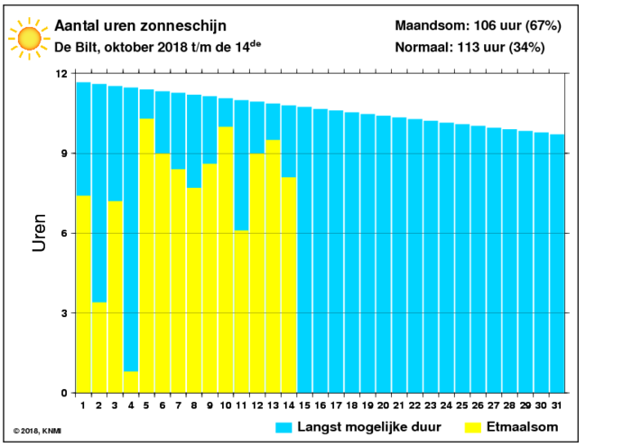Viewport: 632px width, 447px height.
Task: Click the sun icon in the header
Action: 30,39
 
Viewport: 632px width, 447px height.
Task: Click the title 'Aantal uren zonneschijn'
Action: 140,26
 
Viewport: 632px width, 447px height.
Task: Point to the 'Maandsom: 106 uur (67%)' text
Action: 478,25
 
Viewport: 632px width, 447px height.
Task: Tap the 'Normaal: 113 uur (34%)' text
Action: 470,47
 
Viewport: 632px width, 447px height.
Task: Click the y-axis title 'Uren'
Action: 39,233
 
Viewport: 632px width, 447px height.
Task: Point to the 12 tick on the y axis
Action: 61,74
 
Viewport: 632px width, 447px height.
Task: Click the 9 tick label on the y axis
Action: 64,154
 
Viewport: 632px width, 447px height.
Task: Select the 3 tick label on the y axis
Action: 64,313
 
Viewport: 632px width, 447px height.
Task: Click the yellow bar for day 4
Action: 131,382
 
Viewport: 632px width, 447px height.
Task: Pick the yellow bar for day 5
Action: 146,256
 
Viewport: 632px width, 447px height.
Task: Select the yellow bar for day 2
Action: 99,348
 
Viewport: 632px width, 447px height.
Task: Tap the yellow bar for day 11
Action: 241,312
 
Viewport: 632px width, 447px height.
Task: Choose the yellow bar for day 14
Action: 289,285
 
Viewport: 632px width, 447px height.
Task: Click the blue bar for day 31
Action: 557,264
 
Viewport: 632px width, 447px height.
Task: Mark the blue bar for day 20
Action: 384,255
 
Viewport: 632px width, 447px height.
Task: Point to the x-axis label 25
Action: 462,405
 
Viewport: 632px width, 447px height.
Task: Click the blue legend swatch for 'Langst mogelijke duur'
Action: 283,428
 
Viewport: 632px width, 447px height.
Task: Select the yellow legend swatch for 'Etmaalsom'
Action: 473,428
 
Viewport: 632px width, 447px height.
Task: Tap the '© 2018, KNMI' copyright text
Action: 37,431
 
